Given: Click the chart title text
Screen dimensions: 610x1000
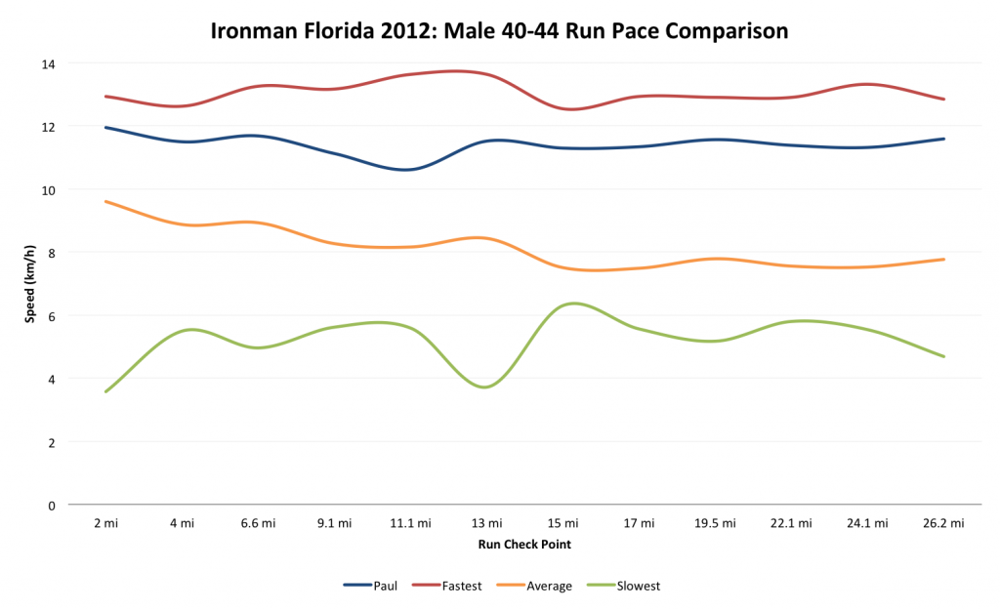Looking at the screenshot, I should (499, 31).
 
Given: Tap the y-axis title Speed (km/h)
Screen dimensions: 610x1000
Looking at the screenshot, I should (30, 284).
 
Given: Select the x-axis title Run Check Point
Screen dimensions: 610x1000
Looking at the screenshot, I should (524, 545).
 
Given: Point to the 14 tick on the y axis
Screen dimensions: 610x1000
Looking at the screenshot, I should (49, 63).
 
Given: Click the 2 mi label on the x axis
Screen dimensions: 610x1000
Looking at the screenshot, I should (105, 523).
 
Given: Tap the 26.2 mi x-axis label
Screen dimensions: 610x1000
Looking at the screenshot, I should (944, 523).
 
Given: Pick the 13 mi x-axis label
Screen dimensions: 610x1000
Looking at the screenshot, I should (486, 523).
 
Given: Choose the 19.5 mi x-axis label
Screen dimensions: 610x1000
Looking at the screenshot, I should (715, 523).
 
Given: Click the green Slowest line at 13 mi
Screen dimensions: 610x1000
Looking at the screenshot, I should (486, 387).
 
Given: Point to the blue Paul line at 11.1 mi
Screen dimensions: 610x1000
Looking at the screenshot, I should (410, 170).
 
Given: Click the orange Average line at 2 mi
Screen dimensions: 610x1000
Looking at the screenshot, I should (105, 201).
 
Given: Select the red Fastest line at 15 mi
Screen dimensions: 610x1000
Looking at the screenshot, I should (563, 108).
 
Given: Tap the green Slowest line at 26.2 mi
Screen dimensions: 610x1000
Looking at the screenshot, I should (944, 356).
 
